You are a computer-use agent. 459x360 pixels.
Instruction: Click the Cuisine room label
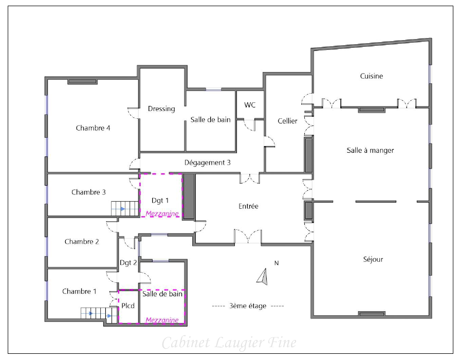tap(371, 76)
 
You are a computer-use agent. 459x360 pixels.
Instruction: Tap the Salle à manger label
tap(370, 150)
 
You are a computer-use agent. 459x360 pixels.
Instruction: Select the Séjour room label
tap(373, 259)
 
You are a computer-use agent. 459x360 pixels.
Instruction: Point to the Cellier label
tap(287, 121)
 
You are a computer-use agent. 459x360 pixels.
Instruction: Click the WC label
tap(250, 105)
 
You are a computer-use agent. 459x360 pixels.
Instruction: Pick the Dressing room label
tap(161, 109)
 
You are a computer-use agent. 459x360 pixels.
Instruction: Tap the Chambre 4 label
tap(93, 128)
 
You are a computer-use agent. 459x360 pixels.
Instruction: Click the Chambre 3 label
tap(88, 192)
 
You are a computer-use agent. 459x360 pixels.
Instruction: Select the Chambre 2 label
tap(82, 242)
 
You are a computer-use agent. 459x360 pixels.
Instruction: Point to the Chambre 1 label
tap(79, 291)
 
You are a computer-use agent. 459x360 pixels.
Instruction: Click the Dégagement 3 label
tap(207, 163)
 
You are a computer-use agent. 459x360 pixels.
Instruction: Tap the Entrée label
tap(248, 206)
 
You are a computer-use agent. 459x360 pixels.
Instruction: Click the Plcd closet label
tap(128, 305)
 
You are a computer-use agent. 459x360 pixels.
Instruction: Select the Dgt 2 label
tap(128, 263)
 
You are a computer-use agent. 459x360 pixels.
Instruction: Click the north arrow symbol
tap(262, 277)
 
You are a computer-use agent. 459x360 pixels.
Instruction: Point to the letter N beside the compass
tap(277, 263)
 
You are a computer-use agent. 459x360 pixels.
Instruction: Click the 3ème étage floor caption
tap(248, 306)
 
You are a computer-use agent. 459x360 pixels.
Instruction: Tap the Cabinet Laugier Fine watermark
tap(229, 343)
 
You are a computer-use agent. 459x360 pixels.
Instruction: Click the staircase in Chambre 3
tap(125, 209)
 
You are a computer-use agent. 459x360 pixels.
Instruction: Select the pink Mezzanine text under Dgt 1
tap(162, 213)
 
